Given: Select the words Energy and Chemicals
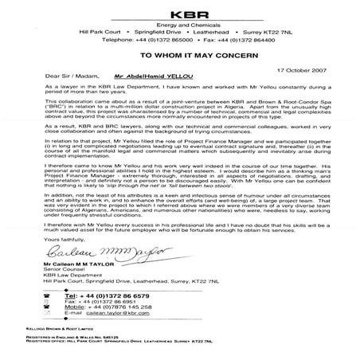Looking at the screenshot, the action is coord(179,26).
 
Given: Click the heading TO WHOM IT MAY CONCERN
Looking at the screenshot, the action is coord(179,57).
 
